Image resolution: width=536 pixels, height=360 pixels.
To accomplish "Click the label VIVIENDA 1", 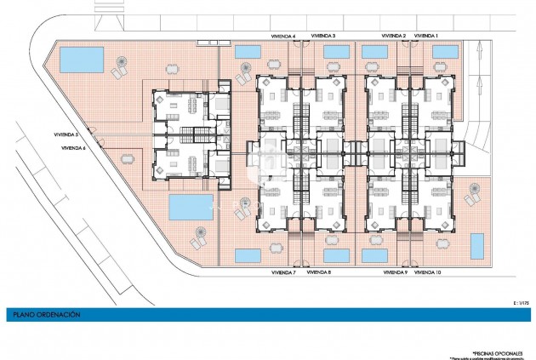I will click(426, 36).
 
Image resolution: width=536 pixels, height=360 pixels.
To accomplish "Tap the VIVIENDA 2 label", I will click(394, 36).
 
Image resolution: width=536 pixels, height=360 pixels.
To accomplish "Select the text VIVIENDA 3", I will click(322, 36).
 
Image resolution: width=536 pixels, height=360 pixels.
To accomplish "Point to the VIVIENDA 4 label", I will click(282, 36).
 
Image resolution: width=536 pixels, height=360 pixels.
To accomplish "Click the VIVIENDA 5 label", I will click(65, 134).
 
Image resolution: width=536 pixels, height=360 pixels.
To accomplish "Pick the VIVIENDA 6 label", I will click(75, 148).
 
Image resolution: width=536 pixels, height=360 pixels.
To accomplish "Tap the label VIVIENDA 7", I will click(282, 272).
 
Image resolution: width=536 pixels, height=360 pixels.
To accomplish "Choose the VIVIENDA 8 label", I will click(319, 272).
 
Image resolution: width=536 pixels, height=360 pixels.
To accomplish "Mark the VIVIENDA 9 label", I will click(395, 272).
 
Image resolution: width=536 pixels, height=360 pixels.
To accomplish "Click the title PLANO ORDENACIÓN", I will click(46, 315).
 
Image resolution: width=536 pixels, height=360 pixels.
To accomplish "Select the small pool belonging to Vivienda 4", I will click(248, 52).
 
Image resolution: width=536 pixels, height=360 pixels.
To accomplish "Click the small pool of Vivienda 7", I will click(248, 254).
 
